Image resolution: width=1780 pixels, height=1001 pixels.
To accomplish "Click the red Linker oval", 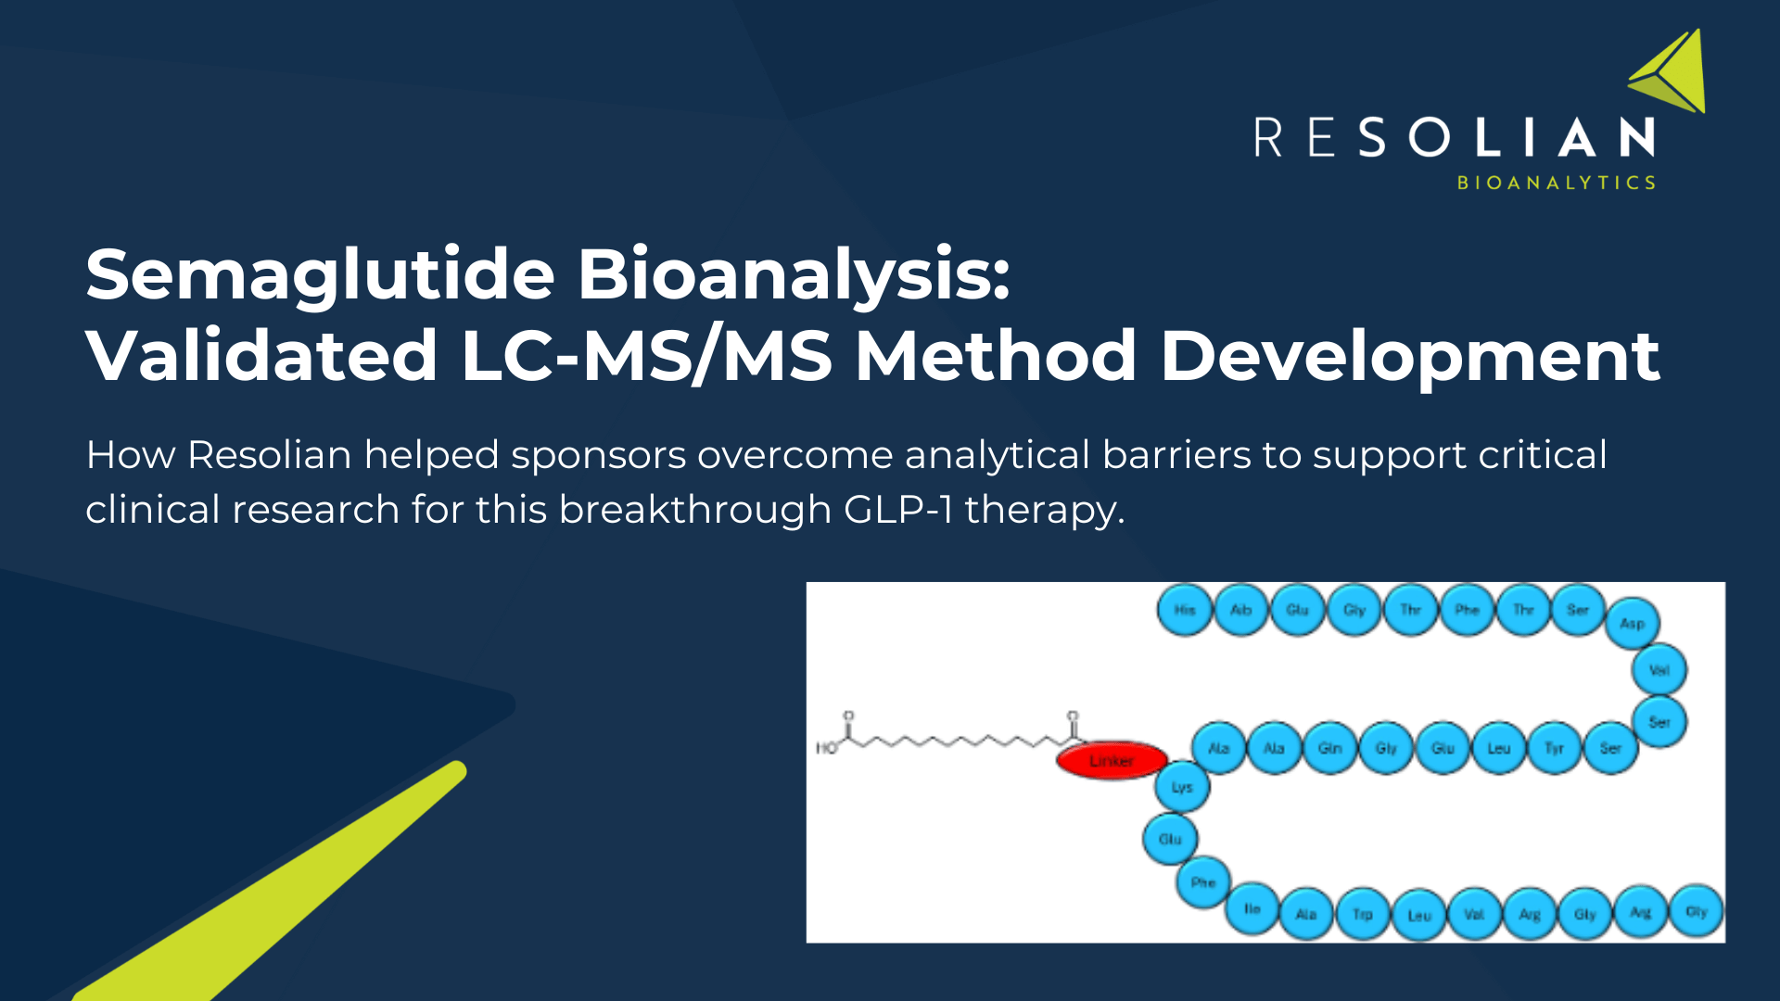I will click(1111, 761).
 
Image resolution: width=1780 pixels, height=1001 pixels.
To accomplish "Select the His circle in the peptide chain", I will click(1185, 610).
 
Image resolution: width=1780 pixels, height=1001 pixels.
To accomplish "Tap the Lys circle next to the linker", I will click(1182, 788).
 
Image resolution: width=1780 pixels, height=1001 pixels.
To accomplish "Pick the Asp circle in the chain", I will click(1633, 624).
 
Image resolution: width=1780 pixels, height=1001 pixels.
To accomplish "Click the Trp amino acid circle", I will click(1362, 915).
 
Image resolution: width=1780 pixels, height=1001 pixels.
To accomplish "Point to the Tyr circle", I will click(1555, 748).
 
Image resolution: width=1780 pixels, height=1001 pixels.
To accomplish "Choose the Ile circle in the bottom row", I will click(1252, 909).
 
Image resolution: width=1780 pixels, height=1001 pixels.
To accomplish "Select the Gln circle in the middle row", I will click(1330, 748).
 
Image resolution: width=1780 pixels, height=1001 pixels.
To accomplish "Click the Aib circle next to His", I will click(1241, 610).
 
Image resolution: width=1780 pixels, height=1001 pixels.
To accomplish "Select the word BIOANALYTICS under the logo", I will click(1557, 183).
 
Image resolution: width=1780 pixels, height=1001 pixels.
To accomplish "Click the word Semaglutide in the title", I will click(320, 275).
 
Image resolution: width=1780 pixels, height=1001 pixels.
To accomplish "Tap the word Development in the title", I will click(1409, 356).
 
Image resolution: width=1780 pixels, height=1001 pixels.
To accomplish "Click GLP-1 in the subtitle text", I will click(897, 510).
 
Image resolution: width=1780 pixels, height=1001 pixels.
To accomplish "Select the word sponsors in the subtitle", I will click(598, 455).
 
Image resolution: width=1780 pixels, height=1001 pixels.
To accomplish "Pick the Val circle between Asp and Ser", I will click(1659, 670).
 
